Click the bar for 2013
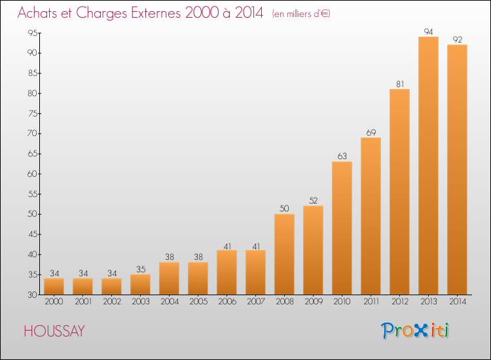[428, 166]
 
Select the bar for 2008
[284, 254]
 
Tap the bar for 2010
[342, 228]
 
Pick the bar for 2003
[140, 284]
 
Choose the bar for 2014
[457, 170]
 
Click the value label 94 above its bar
[428, 31]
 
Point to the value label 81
[399, 84]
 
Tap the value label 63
[342, 156]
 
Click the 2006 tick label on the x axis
[227, 302]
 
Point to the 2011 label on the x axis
[371, 302]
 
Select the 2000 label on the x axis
[54, 302]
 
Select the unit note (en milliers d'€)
[301, 14]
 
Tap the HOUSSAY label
[54, 331]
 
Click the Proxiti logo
[416, 331]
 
